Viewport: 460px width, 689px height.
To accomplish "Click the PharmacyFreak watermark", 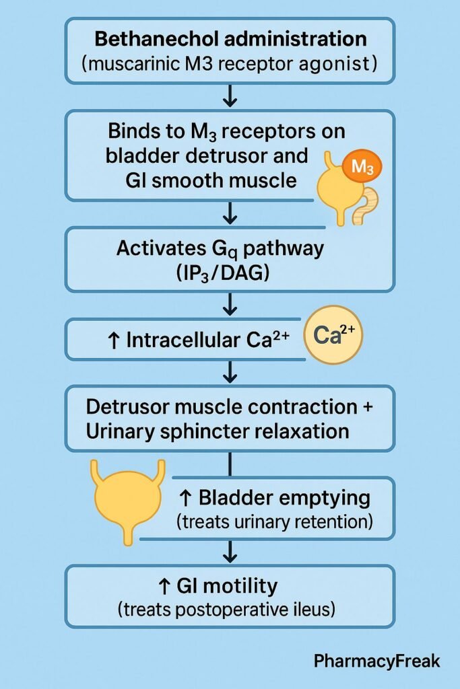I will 378,661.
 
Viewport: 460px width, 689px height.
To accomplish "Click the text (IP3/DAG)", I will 229,273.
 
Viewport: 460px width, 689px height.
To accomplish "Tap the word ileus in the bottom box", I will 317,610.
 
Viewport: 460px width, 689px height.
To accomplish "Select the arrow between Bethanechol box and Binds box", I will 230,96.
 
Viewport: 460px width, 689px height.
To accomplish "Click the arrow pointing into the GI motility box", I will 230,551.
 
